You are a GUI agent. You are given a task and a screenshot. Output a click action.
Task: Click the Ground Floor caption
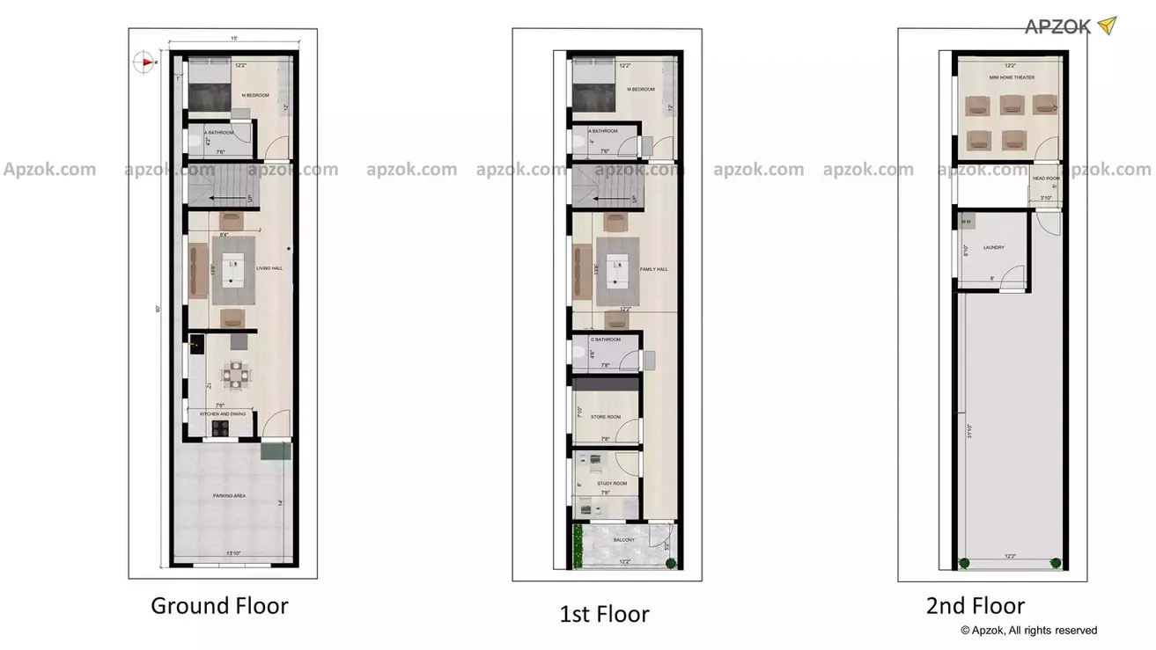(219, 605)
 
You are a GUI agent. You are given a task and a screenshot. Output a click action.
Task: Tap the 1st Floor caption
(604, 614)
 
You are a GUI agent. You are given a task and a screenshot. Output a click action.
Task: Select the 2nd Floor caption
(975, 605)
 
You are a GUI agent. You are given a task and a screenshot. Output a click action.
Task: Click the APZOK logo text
(1057, 26)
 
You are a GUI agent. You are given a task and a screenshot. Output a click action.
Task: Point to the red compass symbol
(144, 62)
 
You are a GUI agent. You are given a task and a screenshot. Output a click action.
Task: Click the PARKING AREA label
(229, 496)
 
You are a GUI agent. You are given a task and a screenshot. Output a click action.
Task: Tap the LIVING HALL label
(269, 268)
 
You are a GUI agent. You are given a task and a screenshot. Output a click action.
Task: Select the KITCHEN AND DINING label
(223, 413)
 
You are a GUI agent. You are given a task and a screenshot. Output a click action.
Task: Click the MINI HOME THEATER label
(1012, 77)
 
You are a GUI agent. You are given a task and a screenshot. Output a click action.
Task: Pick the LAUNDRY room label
(994, 247)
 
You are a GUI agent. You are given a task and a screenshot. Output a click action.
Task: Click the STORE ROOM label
(606, 417)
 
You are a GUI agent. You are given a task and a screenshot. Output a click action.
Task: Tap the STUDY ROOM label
(612, 484)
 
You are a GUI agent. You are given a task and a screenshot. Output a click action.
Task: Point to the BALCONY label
(624, 540)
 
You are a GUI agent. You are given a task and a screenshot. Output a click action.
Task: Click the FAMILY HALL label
(654, 270)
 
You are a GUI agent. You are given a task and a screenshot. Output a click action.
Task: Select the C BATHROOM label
(605, 340)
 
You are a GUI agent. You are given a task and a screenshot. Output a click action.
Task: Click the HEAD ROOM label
(1046, 179)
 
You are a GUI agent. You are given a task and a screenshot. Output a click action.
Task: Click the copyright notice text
(1028, 630)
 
